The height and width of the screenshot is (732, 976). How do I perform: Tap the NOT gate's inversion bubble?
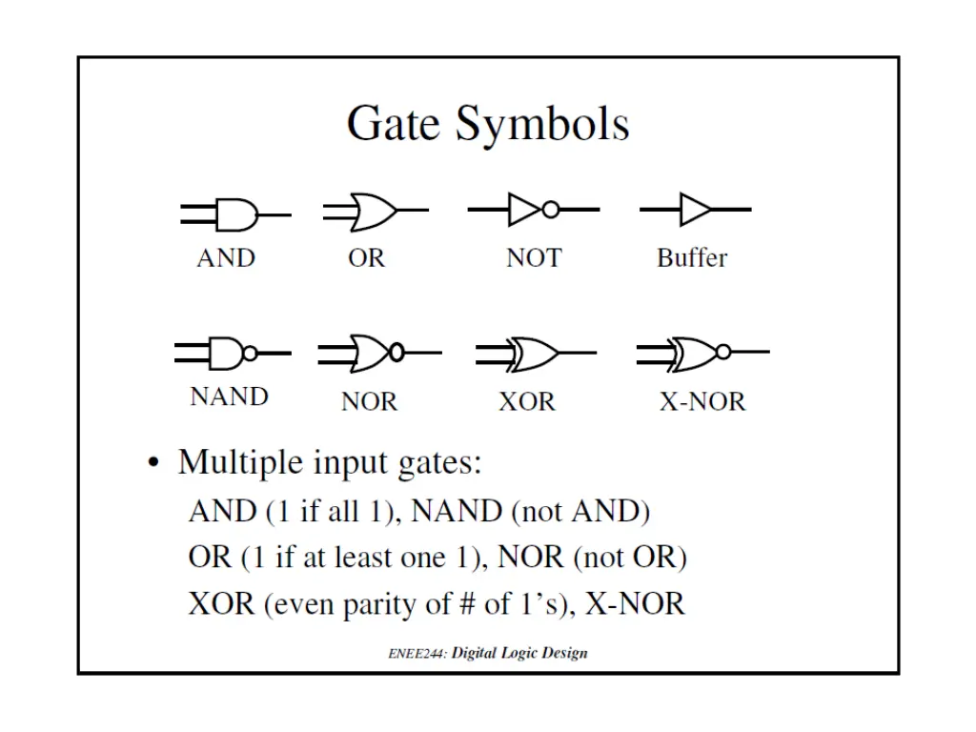(550, 210)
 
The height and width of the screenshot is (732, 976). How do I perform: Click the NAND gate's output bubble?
(250, 353)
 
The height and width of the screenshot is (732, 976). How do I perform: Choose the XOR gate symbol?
(534, 353)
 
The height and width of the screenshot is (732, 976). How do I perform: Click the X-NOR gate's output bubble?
(722, 353)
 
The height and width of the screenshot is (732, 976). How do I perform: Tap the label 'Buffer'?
(692, 258)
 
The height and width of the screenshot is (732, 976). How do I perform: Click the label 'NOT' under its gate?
(534, 258)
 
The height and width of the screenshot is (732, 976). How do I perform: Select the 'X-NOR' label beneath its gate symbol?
(702, 402)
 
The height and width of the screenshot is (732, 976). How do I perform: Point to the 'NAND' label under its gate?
(229, 396)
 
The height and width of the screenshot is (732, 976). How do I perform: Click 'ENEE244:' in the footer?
(417, 654)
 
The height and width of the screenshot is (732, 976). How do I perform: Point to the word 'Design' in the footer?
(564, 654)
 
